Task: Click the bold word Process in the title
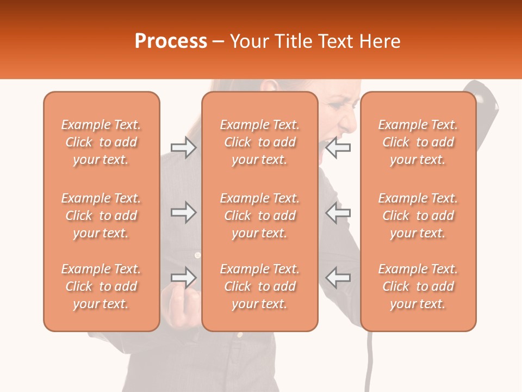coord(171,41)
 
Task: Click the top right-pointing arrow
coord(183,148)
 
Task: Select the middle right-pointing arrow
coord(183,212)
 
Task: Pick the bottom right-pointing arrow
coord(183,278)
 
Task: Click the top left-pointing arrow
coord(338,148)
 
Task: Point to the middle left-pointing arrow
coord(338,212)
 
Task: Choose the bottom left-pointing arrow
coord(338,278)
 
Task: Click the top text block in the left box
coord(101,142)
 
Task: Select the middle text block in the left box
coord(101,216)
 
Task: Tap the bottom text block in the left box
coord(101,286)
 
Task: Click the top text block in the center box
coord(259,142)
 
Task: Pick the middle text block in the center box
coord(259,216)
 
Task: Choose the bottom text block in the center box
coord(259,286)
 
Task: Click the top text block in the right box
coord(418,142)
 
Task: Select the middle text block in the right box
coord(418,216)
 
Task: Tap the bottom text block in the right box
coord(418,286)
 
